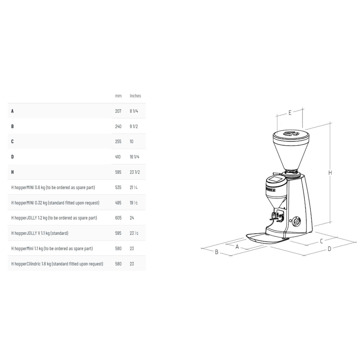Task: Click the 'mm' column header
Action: (118, 96)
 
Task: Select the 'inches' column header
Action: (135, 96)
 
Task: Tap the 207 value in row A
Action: (118, 111)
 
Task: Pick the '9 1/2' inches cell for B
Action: (134, 126)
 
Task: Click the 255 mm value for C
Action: (118, 142)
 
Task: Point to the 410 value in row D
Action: (118, 157)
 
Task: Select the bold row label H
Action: (12, 172)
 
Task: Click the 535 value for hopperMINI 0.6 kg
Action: (118, 187)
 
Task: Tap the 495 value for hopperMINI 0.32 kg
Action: (118, 203)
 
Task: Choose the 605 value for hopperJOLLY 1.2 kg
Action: (118, 218)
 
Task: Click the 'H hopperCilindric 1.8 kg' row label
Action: (57, 264)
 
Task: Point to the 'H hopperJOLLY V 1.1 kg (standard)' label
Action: (40, 233)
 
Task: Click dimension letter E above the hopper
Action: (290, 113)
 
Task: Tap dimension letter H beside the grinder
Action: (330, 173)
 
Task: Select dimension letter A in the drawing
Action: (237, 247)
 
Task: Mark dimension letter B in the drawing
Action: (217, 252)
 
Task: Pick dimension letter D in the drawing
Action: (329, 249)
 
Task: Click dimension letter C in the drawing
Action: (321, 241)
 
